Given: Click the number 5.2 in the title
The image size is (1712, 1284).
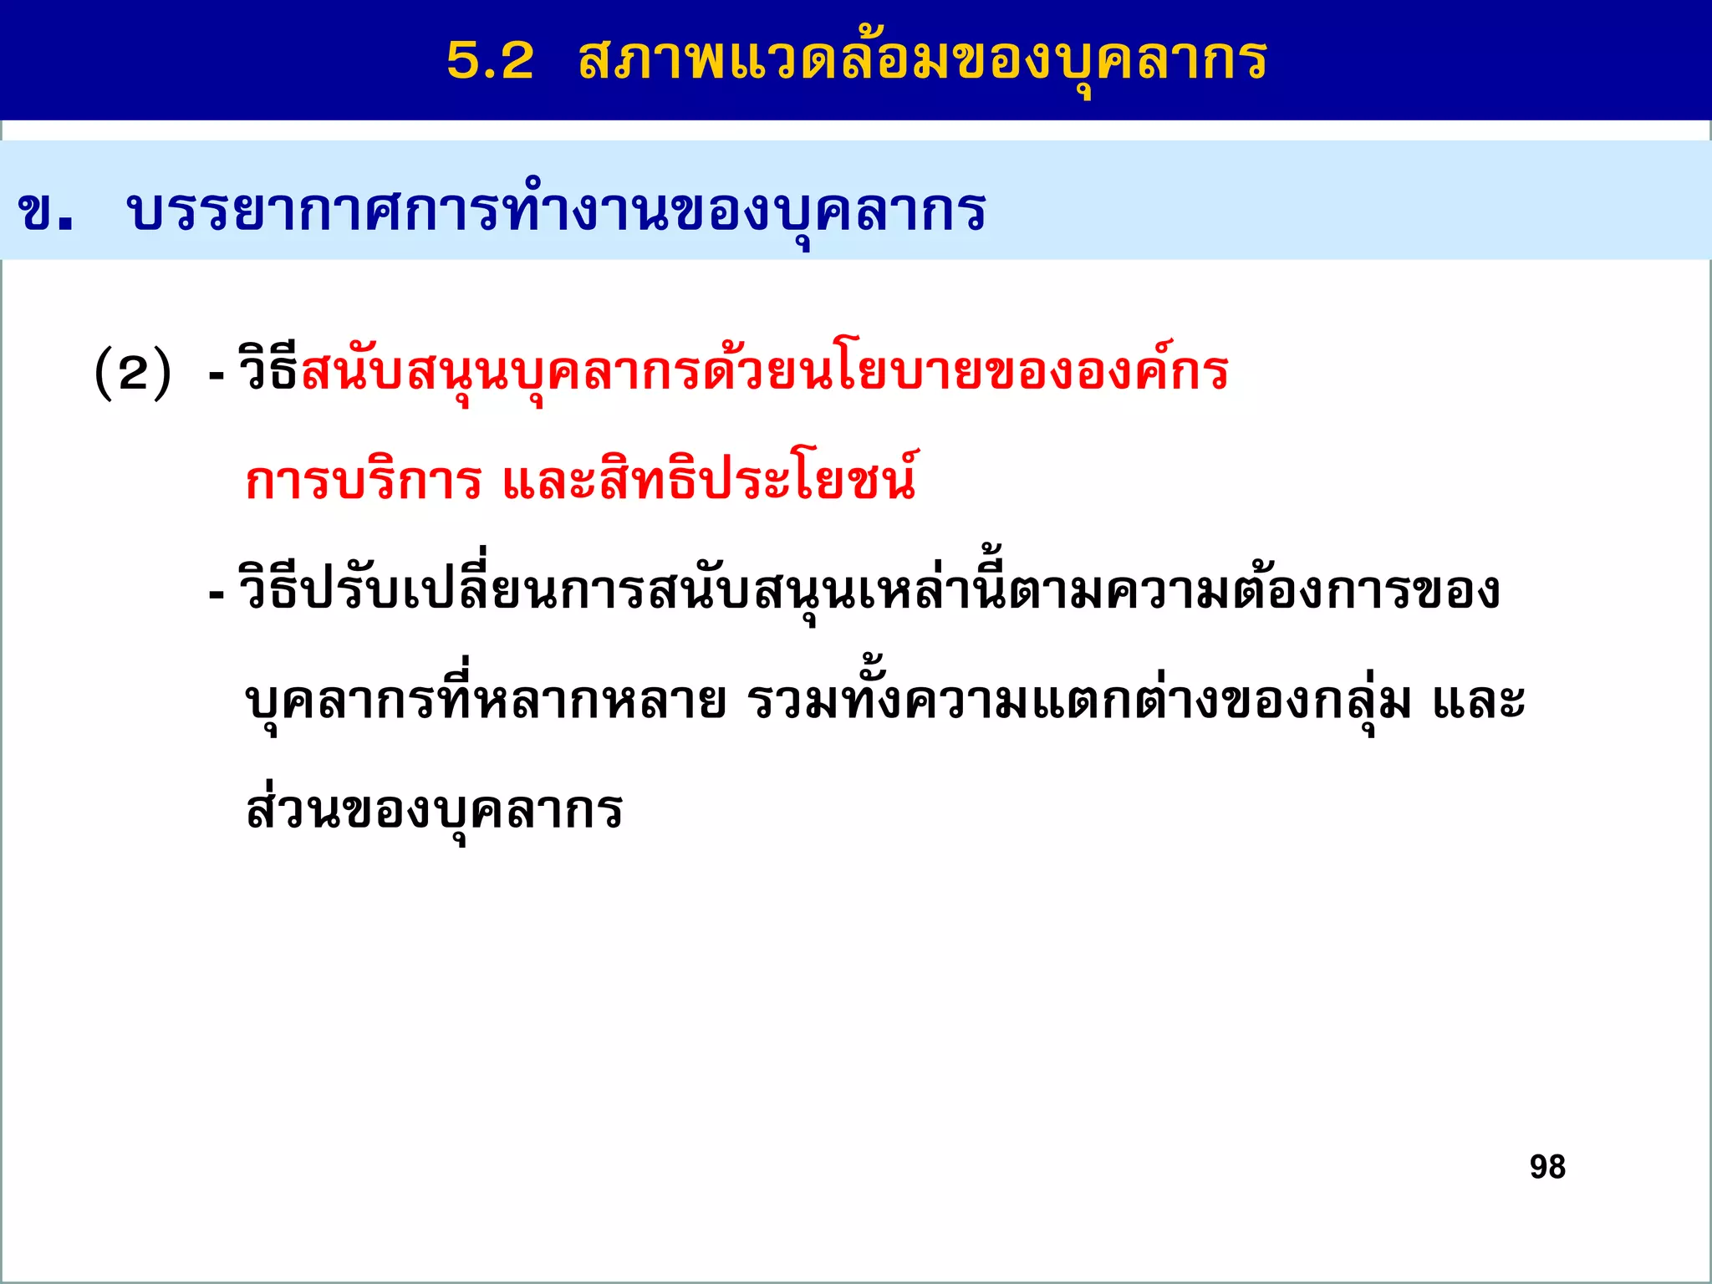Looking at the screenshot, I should coord(490,60).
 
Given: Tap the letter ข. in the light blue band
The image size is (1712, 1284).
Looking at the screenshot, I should coord(45,211).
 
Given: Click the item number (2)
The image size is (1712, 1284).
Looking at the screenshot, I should coord(133,373).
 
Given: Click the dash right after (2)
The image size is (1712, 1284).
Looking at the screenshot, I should coord(217,374).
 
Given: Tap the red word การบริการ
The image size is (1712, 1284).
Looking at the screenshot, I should coord(364,481).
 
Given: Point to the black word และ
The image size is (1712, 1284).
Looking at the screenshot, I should coord(1480,701).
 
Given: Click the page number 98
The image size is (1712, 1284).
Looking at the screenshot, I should coord(1547,1167).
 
